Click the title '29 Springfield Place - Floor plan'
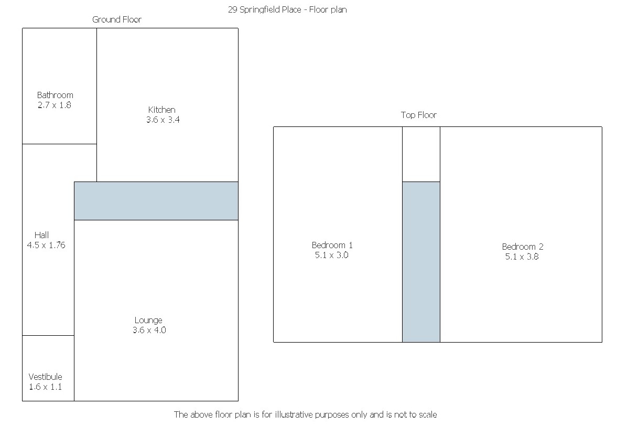287,9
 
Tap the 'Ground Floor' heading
117,19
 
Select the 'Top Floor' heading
419,115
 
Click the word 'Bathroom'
55,95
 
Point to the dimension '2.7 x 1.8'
54,105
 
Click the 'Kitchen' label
162,110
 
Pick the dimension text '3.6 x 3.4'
163,120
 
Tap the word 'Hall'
42,235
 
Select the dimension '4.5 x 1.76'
46,245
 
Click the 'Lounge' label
148,320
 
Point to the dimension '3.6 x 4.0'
149,330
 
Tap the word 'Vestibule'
45,377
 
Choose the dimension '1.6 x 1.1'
45,387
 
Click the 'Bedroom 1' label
332,245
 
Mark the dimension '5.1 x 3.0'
331,255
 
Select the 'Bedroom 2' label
523,247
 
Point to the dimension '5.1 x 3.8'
522,257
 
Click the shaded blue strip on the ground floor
156,201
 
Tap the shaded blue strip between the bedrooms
421,262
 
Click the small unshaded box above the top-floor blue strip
421,154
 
